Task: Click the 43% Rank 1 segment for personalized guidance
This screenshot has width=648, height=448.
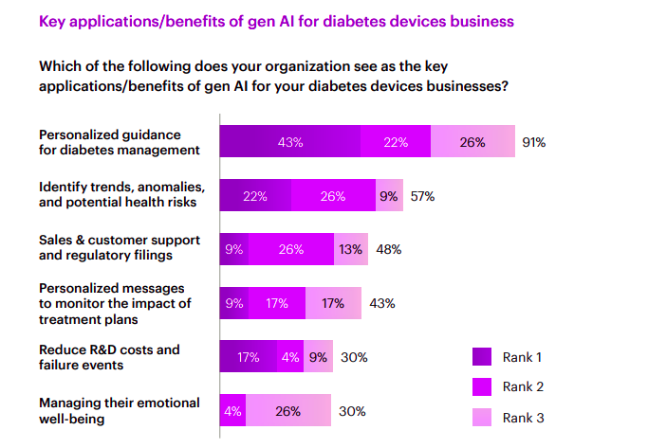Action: point(290,142)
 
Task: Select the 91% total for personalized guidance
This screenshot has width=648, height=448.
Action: point(533,142)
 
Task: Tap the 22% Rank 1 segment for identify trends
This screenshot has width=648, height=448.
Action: point(254,196)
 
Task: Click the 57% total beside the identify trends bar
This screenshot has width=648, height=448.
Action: point(422,196)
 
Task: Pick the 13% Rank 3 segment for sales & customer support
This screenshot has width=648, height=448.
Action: point(350,250)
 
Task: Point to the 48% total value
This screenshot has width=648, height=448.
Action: point(388,250)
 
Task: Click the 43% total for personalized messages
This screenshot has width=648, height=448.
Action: point(381,304)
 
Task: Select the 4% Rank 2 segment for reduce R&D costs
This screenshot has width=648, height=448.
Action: point(289,358)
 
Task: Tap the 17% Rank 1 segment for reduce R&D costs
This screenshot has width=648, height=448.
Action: point(248,358)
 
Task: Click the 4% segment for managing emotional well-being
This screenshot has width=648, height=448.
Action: point(232,412)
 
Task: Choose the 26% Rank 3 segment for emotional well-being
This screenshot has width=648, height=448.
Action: point(288,412)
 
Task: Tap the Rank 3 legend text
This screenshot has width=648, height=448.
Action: point(524,417)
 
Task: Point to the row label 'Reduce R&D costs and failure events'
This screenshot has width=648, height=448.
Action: point(108,357)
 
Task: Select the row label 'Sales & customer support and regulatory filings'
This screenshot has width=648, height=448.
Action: point(115,249)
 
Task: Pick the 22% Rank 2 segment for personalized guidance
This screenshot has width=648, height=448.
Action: point(396,142)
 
